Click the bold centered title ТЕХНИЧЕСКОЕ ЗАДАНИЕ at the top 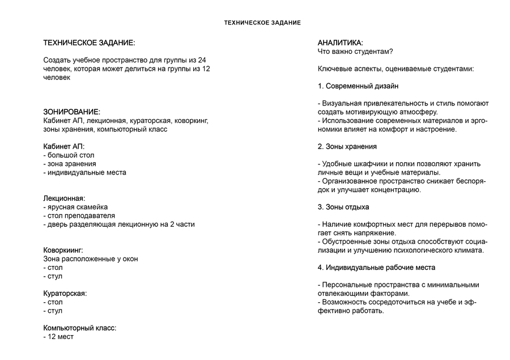coord(262,23)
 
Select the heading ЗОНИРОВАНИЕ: coord(72,112)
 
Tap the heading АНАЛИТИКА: coord(341,43)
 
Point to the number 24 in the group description coord(202,61)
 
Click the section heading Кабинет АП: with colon coord(63,146)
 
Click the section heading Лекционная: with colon coord(64,198)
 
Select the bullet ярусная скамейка coord(78,207)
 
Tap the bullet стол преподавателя coord(81,215)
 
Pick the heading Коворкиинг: coord(63,250)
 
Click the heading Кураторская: coord(65,294)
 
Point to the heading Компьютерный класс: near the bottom coord(80,328)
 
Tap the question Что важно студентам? coord(355,52)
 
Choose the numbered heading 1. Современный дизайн coord(358,86)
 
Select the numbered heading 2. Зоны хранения coord(347,146)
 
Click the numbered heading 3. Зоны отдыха coord(343,207)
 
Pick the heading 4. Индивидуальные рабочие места coord(376,268)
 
